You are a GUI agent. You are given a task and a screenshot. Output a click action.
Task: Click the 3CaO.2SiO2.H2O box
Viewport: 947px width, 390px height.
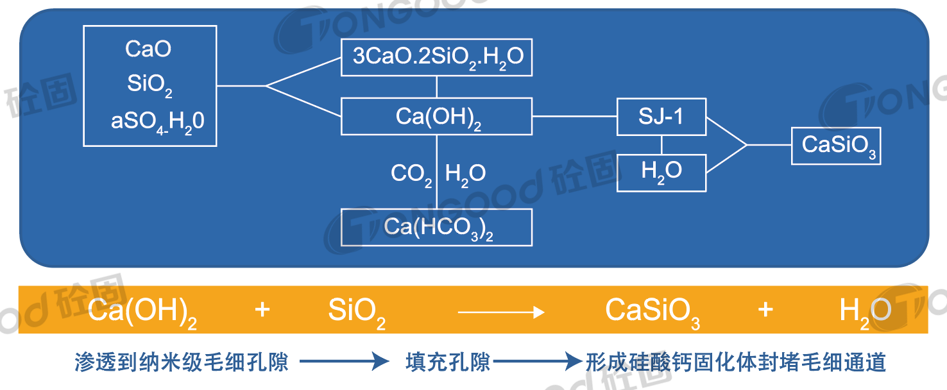[437, 58]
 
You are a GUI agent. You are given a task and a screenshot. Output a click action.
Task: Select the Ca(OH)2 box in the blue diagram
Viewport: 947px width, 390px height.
[437, 117]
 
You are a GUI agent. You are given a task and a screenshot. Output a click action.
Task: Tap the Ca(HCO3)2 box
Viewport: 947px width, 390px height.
[437, 227]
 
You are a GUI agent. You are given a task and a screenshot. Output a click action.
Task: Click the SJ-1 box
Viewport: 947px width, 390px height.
[661, 117]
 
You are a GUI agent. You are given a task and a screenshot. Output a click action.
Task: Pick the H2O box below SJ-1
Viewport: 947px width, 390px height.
[661, 172]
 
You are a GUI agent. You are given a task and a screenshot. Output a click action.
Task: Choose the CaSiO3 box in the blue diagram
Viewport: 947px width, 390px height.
[835, 146]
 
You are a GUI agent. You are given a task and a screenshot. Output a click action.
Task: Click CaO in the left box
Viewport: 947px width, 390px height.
[148, 49]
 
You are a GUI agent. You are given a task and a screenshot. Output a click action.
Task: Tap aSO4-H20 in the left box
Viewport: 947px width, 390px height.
[158, 121]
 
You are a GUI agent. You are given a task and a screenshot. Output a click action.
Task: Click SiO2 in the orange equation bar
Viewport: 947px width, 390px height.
[357, 312]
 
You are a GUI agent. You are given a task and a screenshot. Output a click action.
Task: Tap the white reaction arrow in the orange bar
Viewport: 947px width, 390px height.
[501, 312]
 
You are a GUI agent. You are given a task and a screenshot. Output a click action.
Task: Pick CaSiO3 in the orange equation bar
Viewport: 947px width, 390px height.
[652, 312]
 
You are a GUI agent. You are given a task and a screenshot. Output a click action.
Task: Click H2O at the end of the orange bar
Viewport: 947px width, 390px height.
[865, 312]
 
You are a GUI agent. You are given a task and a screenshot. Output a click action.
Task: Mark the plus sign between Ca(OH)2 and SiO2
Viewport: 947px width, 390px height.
[262, 310]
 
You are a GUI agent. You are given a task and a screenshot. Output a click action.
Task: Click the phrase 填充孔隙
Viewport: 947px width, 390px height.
[448, 362]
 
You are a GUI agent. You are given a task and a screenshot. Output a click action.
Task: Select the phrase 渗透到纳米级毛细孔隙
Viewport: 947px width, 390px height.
[182, 362]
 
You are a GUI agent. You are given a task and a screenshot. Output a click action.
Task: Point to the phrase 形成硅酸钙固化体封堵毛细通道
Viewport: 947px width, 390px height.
[735, 362]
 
